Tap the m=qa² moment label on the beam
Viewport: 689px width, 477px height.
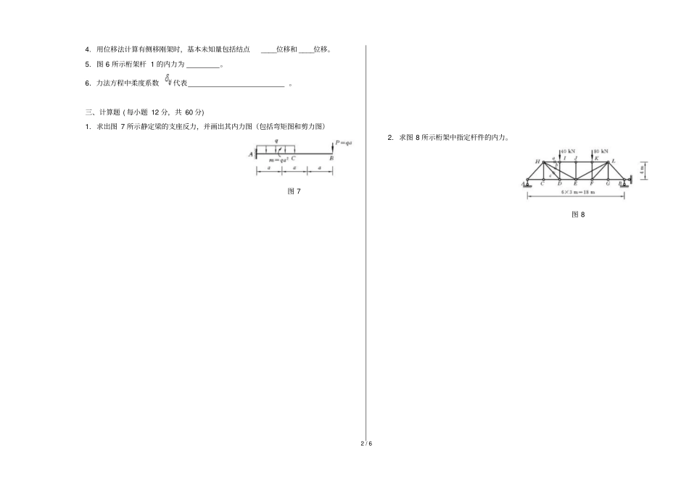tap(279, 159)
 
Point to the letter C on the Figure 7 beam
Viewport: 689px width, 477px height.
tap(293, 158)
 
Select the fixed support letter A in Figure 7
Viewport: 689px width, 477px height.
tap(250, 154)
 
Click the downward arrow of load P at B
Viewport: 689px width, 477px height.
tap(332, 147)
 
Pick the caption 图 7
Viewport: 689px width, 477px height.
tap(294, 191)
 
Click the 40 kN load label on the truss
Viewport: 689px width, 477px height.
tap(568, 152)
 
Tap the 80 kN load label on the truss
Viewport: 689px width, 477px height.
tap(601, 152)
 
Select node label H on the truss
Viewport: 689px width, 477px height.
tap(537, 161)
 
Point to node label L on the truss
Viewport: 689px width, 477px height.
tap(614, 161)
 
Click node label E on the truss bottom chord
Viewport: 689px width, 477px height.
tap(576, 183)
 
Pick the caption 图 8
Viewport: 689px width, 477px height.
tap(578, 215)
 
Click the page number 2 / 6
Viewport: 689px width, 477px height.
tap(366, 443)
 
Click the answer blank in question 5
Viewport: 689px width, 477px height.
tap(202, 66)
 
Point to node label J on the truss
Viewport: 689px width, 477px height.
tap(576, 157)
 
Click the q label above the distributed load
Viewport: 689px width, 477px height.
tap(276, 141)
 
